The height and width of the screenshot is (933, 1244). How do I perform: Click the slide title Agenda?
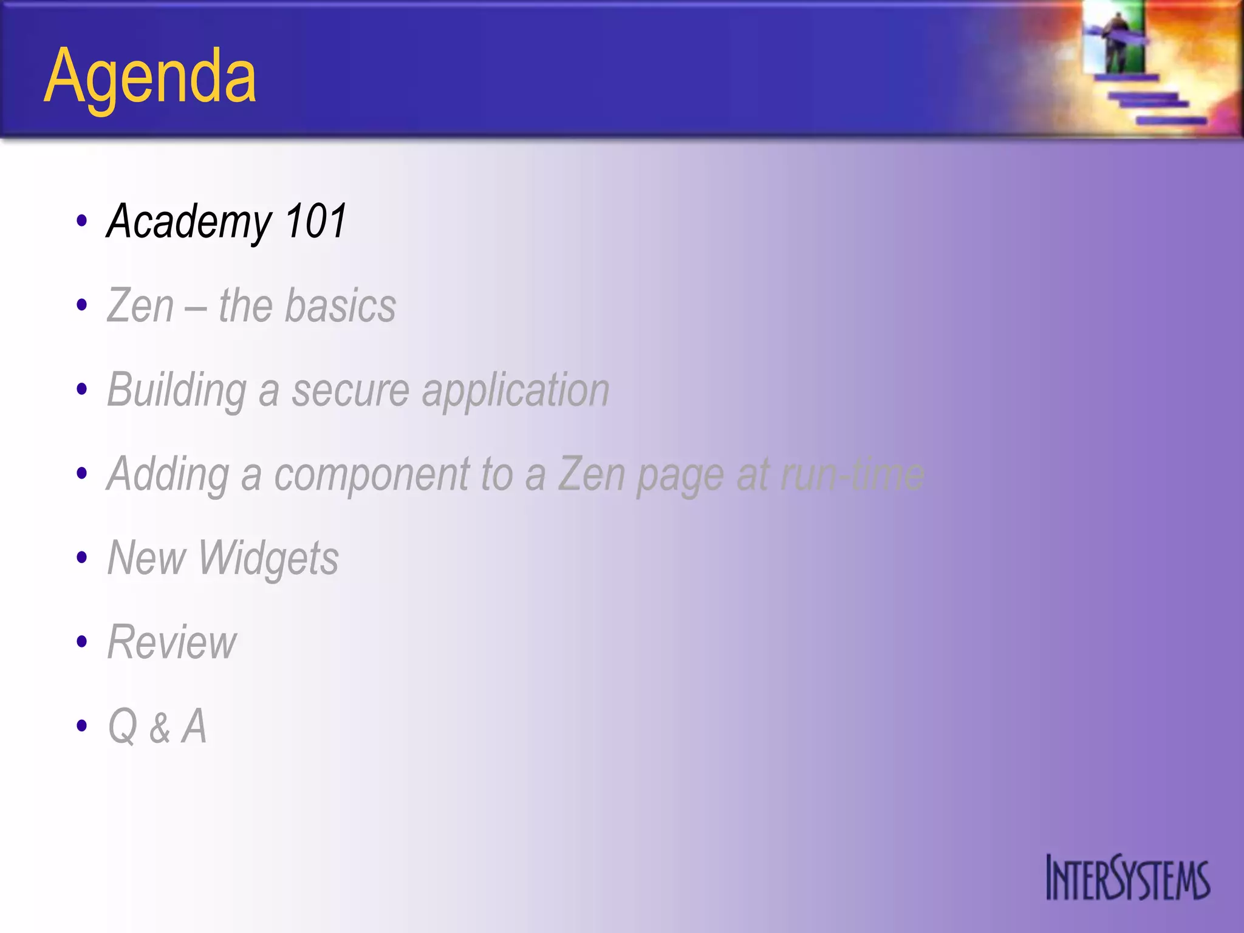150,78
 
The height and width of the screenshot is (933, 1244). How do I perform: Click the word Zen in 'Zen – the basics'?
140,306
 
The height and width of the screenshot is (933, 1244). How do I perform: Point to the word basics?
340,306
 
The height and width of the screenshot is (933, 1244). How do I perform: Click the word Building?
177,391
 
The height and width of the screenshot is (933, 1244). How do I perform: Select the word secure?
350,391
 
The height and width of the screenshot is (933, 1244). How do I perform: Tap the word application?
516,391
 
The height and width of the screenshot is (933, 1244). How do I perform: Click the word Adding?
168,474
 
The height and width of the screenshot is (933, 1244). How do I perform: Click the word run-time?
852,474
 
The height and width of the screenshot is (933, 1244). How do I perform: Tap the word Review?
172,642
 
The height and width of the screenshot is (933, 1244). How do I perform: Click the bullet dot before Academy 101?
82,221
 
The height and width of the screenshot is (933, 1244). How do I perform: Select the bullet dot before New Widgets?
82,558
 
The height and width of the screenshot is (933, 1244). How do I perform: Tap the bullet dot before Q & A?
82,726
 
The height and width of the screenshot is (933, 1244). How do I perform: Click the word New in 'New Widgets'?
146,558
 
